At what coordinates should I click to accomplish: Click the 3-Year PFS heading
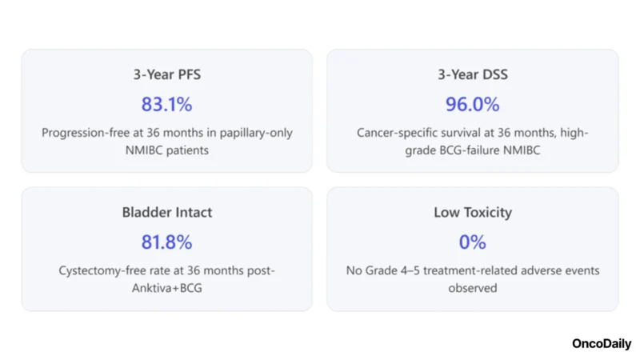click(x=166, y=75)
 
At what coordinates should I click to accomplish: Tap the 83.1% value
click(x=166, y=104)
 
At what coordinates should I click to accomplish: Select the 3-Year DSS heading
click(x=472, y=75)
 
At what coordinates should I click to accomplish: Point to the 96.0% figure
click(x=472, y=104)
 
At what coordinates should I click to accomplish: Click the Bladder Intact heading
click(x=166, y=213)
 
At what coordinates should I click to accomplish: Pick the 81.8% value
click(x=166, y=242)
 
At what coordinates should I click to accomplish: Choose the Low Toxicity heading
click(x=472, y=213)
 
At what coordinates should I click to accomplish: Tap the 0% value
click(x=472, y=242)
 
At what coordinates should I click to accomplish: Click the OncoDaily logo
click(x=601, y=343)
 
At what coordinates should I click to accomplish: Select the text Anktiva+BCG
click(x=167, y=287)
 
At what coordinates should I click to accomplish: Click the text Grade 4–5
click(x=398, y=270)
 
